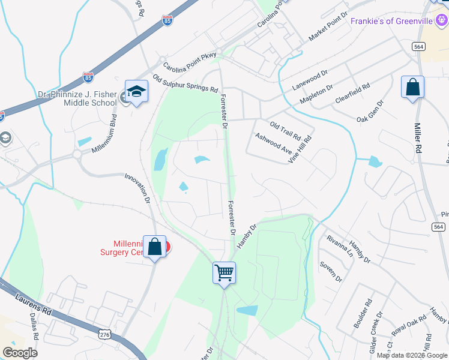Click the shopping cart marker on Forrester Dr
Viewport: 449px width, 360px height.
[224, 272]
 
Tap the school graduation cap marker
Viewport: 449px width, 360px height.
[136, 91]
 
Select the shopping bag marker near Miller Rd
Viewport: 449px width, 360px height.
[412, 88]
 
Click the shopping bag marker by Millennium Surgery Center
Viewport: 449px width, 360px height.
[155, 247]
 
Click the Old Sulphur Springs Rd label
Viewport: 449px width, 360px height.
[185, 83]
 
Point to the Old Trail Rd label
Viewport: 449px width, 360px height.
[285, 130]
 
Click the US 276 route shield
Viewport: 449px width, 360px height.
[105, 332]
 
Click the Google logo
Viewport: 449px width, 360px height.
[20, 353]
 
